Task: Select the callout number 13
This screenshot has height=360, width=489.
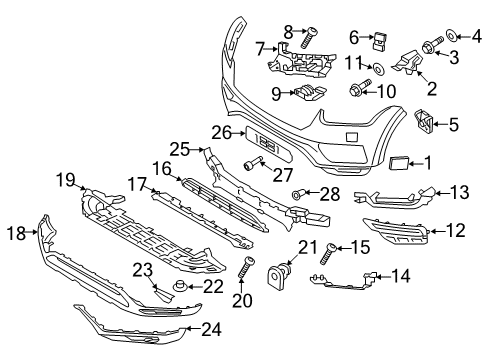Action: pos(459,190)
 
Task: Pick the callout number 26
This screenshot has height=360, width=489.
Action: pos(221,131)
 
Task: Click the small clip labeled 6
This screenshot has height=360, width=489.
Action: pos(381,41)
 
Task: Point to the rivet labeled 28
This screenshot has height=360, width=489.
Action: pos(297,192)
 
